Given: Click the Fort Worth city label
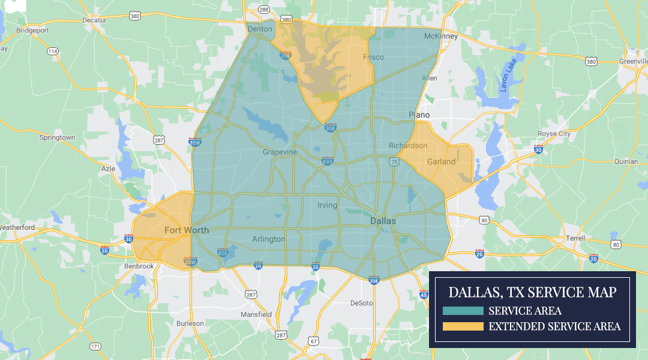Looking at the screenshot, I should (x=187, y=230).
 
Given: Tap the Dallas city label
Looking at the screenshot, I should (x=383, y=221).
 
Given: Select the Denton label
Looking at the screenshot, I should (x=260, y=28).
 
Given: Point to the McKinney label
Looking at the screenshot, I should (x=440, y=36).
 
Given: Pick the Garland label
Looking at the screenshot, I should (x=441, y=161).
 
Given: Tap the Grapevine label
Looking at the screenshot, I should (x=280, y=152).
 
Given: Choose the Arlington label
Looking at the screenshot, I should (x=268, y=239).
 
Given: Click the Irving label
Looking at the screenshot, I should (x=327, y=205).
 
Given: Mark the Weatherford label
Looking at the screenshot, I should (x=17, y=227).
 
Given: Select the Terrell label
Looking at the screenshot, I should (x=575, y=238).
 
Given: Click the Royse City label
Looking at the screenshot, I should (x=555, y=134).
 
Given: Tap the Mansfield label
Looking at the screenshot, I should (x=256, y=314).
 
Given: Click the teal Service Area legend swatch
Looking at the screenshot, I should (x=463, y=311).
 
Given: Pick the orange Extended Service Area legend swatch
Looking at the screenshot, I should (x=463, y=326).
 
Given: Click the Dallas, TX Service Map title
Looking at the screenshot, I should (x=532, y=293).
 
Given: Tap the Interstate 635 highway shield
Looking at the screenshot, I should (x=327, y=161).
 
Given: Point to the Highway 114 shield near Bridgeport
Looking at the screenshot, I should (x=53, y=52).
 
